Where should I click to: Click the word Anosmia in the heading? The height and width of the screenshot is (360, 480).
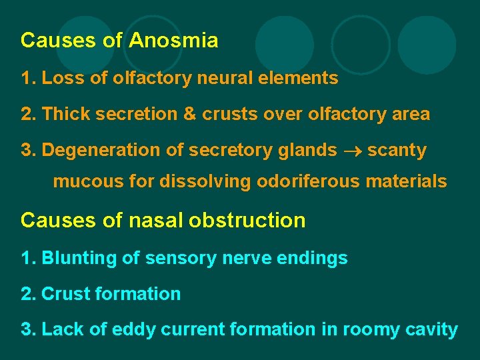coord(173,41)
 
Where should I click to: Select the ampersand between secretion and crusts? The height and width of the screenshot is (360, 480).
coord(189,114)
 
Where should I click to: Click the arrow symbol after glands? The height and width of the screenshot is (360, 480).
coord(352,151)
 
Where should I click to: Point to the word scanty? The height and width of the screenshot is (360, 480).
coord(397,151)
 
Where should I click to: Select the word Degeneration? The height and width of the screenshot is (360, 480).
coord(101,151)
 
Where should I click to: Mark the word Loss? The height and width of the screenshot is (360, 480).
coord(61,78)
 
